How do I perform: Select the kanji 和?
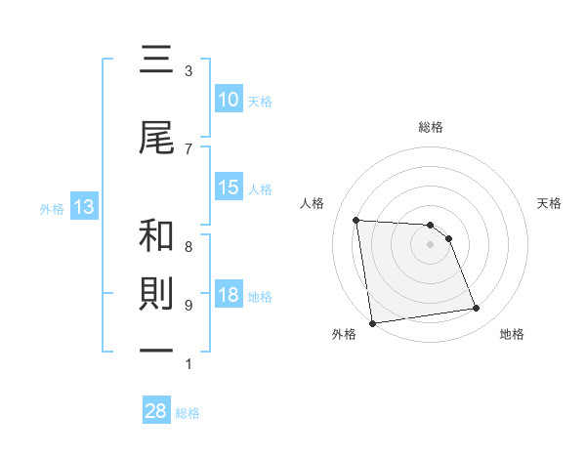(156, 235)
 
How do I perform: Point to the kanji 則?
(156, 296)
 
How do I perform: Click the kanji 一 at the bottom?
(156, 356)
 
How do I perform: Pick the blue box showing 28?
(156, 411)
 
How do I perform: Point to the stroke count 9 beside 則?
(188, 305)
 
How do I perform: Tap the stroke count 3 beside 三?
(188, 70)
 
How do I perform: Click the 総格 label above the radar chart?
(431, 127)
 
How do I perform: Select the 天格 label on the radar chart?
(549, 203)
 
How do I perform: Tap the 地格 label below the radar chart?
(512, 334)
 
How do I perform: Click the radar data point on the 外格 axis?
(372, 322)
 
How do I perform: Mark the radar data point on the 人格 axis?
(356, 220)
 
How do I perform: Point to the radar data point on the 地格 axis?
(477, 309)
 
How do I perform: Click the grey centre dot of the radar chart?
(431, 244)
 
